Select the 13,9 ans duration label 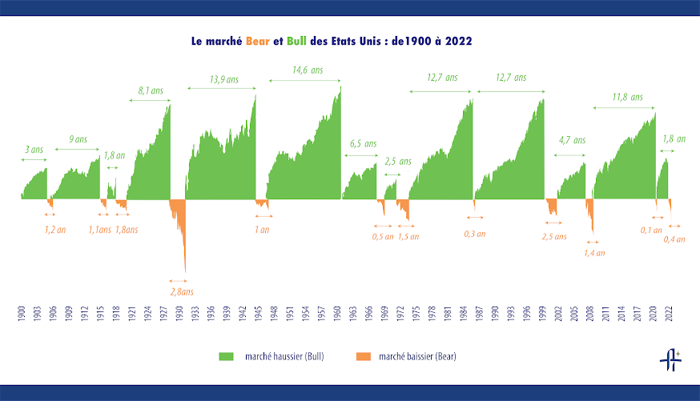click(x=223, y=79)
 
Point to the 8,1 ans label click(x=151, y=91)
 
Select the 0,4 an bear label click(x=674, y=239)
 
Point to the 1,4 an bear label click(x=593, y=253)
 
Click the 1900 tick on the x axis click(x=22, y=314)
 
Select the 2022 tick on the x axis click(x=669, y=314)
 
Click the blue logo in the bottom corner click(x=670, y=362)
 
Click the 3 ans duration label click(x=34, y=150)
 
